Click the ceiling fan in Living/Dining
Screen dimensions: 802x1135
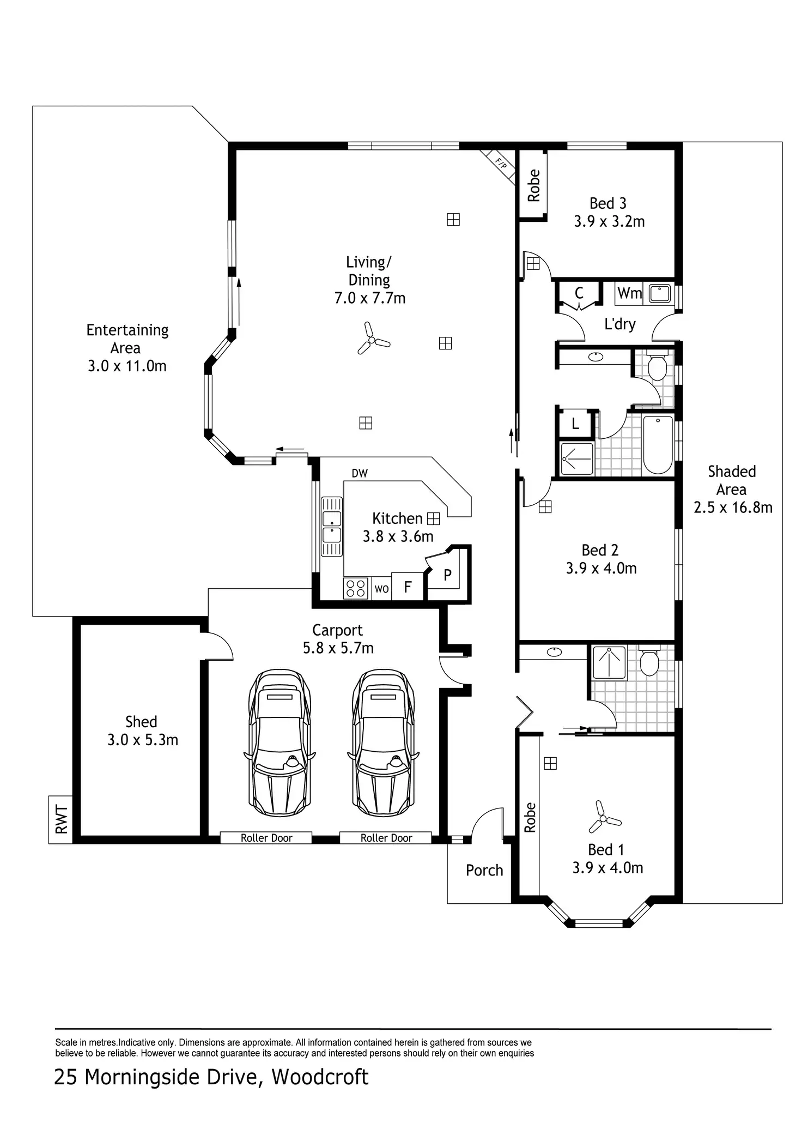373,339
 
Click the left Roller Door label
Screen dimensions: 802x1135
266,838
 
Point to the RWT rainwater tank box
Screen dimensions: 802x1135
60,819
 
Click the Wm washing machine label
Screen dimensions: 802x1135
629,293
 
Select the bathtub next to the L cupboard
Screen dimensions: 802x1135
658,445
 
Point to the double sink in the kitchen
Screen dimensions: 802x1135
331,527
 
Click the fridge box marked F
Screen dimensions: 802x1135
408,587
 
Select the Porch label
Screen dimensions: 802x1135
484,870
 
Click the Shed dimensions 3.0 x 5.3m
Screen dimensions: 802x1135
143,740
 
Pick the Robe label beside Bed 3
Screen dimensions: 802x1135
533,185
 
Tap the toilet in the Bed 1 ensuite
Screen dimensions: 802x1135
649,660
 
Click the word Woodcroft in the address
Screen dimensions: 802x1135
320,1077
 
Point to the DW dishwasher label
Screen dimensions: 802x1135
360,473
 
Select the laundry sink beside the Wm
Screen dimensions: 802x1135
659,293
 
